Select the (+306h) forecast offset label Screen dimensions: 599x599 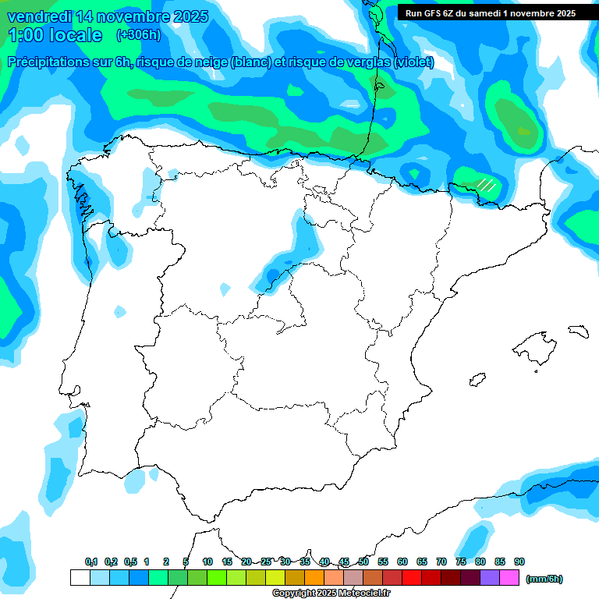click(138, 34)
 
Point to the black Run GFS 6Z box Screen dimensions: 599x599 click(490, 12)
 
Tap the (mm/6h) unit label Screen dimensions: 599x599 click(544, 579)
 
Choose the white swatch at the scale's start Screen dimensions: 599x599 click(80, 578)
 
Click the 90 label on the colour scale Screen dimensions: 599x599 click(519, 562)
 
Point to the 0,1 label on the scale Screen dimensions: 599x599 click(91, 562)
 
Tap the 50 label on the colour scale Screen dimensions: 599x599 click(363, 562)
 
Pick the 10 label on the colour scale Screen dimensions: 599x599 click(207, 562)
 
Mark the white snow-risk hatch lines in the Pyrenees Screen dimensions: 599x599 click(486, 185)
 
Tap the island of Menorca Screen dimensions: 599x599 click(578, 331)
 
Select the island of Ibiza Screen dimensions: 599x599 click(478, 380)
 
